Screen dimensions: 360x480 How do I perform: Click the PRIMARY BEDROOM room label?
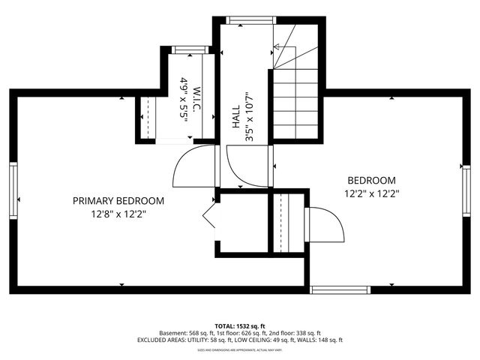pyautogui.click(x=118, y=201)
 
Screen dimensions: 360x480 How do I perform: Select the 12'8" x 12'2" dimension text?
pyautogui.click(x=118, y=214)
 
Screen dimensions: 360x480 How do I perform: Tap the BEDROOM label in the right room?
pyautogui.click(x=371, y=180)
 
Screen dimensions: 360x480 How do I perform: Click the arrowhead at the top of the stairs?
pyautogui.click(x=277, y=47)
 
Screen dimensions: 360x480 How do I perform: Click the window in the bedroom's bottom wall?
pyautogui.click(x=340, y=289)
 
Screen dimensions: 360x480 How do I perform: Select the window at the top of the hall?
pyautogui.click(x=247, y=20)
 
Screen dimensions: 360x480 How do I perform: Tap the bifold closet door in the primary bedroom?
pyautogui.click(x=209, y=219)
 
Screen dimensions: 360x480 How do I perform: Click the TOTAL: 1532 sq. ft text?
pyautogui.click(x=239, y=325)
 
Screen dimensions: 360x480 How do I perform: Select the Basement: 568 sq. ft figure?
pyautogui.click(x=185, y=333)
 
